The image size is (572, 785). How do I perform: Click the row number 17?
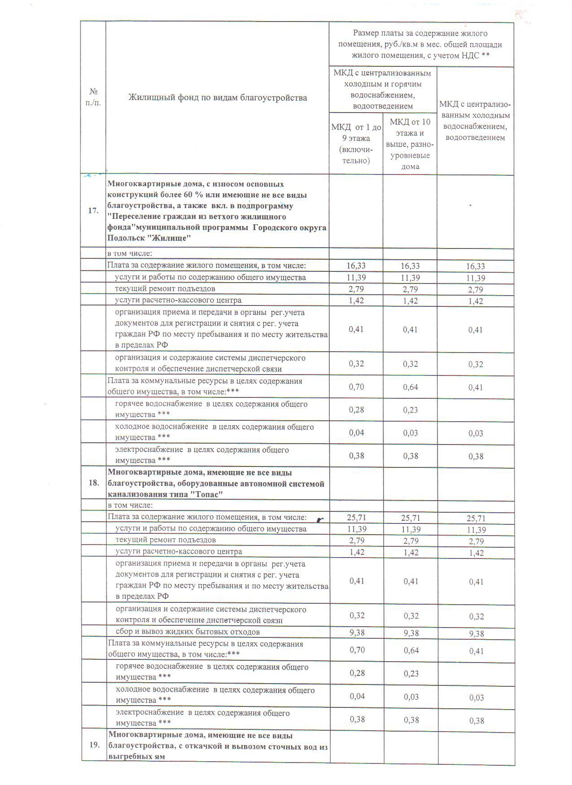point(93,210)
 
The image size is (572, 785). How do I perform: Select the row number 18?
point(94,483)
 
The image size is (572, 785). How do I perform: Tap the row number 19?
point(94,745)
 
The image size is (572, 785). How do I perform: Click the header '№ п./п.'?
point(93,97)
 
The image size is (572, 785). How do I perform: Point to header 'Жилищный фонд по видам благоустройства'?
point(218,97)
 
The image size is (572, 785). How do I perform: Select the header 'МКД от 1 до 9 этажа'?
point(356,144)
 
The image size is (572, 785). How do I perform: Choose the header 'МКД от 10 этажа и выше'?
point(410,144)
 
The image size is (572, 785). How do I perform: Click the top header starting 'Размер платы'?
point(420,44)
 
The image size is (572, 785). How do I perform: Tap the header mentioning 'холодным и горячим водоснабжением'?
point(383,89)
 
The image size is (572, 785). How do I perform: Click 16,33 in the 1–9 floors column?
point(356,266)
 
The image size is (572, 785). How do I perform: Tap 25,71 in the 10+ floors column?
point(410,518)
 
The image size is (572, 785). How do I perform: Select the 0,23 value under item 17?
point(410,410)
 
